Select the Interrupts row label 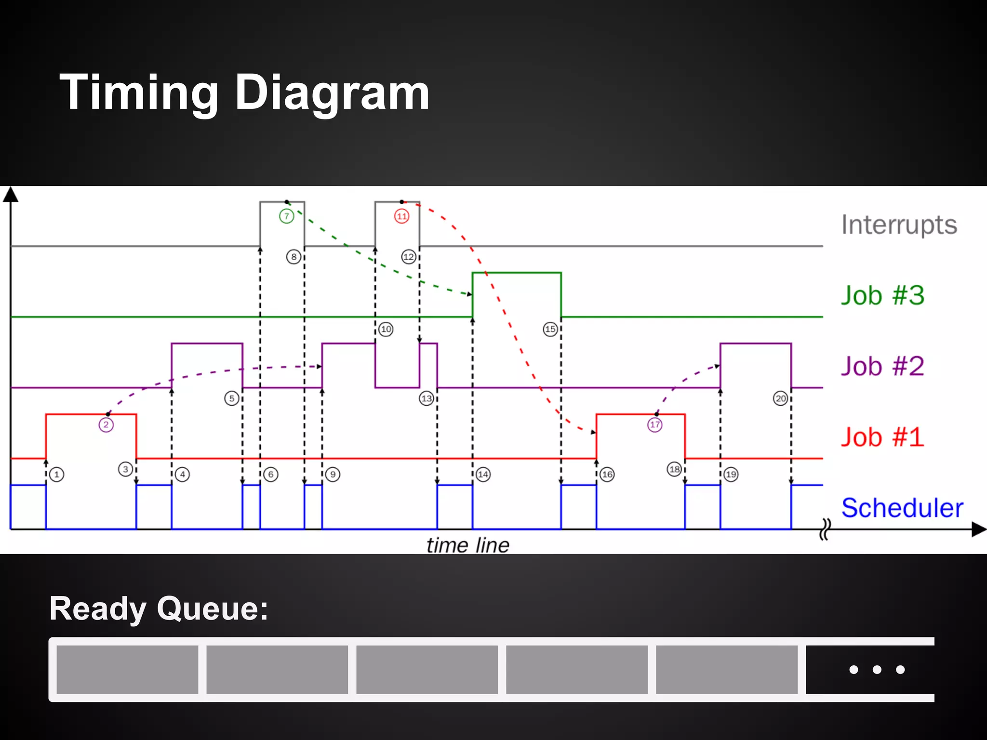tap(899, 225)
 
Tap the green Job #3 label tap(882, 295)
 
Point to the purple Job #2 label tap(882, 366)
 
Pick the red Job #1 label tap(882, 437)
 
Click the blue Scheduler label tap(902, 508)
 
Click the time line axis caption tap(467, 545)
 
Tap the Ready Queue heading tap(159, 608)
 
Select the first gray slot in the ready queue tap(127, 669)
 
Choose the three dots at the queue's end tap(877, 669)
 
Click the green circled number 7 tap(287, 216)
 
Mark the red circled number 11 tap(402, 216)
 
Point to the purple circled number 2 tap(106, 425)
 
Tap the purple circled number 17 tap(654, 425)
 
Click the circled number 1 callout tap(57, 475)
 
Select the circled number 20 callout tap(781, 398)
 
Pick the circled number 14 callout tap(483, 475)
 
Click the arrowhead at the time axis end tap(979, 529)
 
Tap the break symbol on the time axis tap(825, 529)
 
